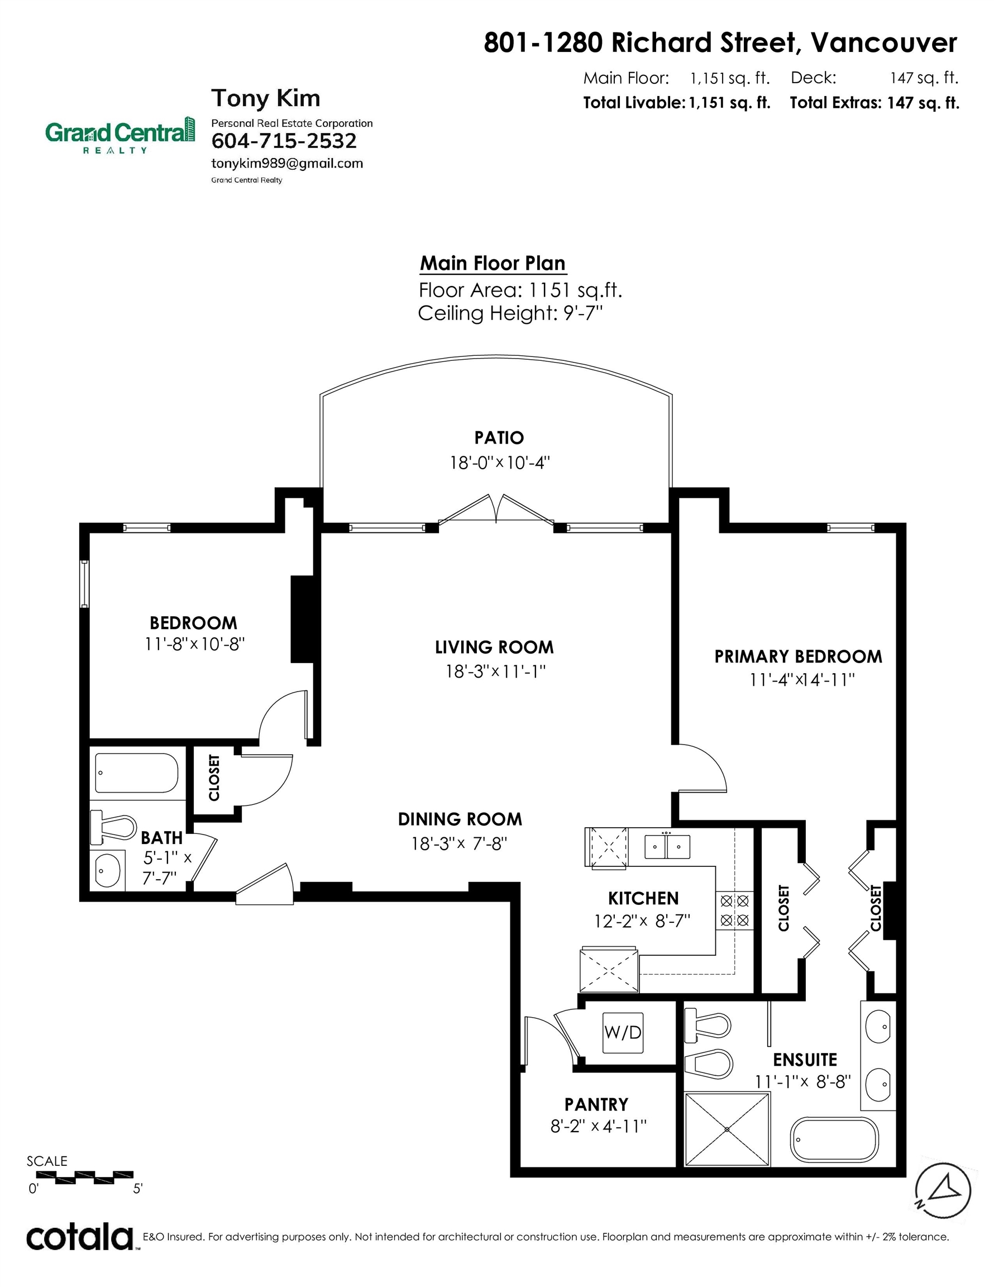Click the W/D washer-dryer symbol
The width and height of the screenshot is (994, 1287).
(623, 1032)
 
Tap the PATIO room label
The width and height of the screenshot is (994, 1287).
(499, 438)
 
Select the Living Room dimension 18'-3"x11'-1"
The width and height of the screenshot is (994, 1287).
(495, 671)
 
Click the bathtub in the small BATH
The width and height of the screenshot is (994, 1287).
(136, 773)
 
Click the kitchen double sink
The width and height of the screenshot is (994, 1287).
(667, 847)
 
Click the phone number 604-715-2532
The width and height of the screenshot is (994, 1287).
(284, 141)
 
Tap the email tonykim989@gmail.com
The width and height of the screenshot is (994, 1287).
(287, 164)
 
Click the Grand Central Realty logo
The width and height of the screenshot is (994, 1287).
(120, 135)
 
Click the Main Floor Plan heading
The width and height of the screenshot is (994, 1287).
(493, 263)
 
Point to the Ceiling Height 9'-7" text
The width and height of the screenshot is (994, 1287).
(510, 313)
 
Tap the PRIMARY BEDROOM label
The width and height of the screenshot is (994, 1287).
(799, 656)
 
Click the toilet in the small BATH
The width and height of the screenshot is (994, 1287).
(113, 827)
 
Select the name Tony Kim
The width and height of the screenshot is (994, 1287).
(266, 98)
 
